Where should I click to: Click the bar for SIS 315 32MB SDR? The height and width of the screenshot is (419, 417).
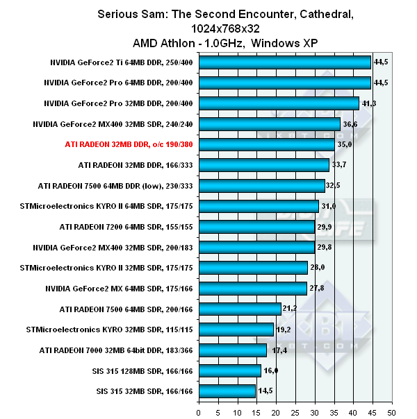[227, 391]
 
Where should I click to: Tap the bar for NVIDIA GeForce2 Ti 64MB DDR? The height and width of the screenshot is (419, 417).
[285, 62]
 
